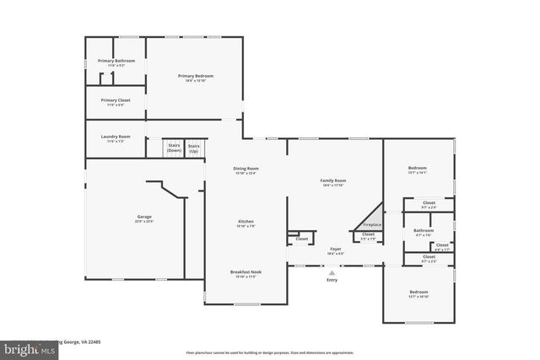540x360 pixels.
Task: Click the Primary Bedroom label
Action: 195,76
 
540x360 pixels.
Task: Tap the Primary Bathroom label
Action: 116,61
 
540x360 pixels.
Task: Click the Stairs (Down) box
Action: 174,148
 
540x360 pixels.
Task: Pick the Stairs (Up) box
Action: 194,148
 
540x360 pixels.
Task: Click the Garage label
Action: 144,217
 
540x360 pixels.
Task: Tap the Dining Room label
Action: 246,169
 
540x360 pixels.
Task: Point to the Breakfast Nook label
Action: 246,272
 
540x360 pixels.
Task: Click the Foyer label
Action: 335,250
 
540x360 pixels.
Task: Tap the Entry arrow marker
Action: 332,272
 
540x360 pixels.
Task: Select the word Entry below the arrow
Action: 332,281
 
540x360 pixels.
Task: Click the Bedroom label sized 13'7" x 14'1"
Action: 418,168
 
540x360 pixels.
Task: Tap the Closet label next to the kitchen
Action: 301,239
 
